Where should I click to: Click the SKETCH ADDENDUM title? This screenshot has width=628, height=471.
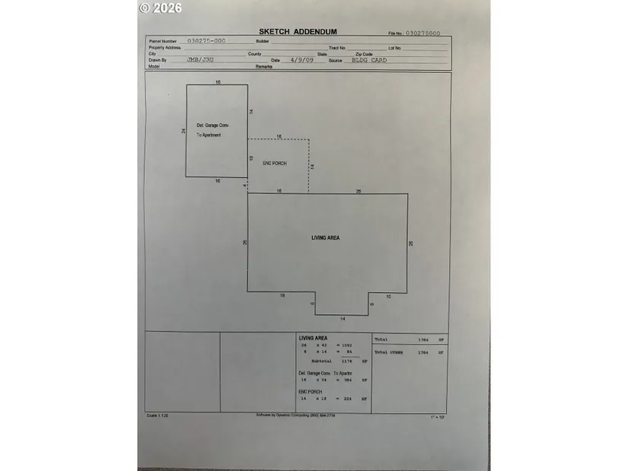click(298, 32)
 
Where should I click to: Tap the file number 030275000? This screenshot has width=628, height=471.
click(423, 33)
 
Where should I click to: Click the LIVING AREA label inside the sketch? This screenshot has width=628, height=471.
click(326, 238)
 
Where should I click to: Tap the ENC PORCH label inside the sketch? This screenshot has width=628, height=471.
click(275, 164)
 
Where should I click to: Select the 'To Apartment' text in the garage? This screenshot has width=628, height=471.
click(209, 135)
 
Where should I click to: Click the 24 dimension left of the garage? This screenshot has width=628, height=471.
click(183, 131)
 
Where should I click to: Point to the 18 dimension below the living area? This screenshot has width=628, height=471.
click(282, 295)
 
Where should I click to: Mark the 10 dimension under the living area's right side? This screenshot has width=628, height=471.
click(388, 295)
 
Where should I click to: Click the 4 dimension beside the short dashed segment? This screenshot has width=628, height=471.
click(244, 185)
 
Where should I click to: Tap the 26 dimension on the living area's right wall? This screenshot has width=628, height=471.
click(411, 243)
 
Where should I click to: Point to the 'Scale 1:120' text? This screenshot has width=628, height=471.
click(157, 415)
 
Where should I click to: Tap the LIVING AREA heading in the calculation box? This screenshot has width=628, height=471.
click(312, 338)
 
